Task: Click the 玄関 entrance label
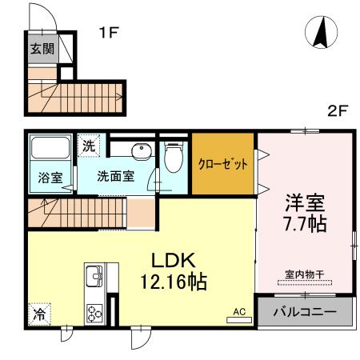click(x=42, y=48)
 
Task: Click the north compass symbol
click(x=321, y=33)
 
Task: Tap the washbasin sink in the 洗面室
click(x=142, y=151)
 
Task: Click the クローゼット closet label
click(x=222, y=163)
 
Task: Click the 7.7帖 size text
click(x=306, y=225)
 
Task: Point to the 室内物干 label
click(x=304, y=274)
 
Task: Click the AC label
click(x=238, y=312)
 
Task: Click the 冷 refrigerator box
click(x=37, y=315)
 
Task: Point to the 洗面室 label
click(x=115, y=176)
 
